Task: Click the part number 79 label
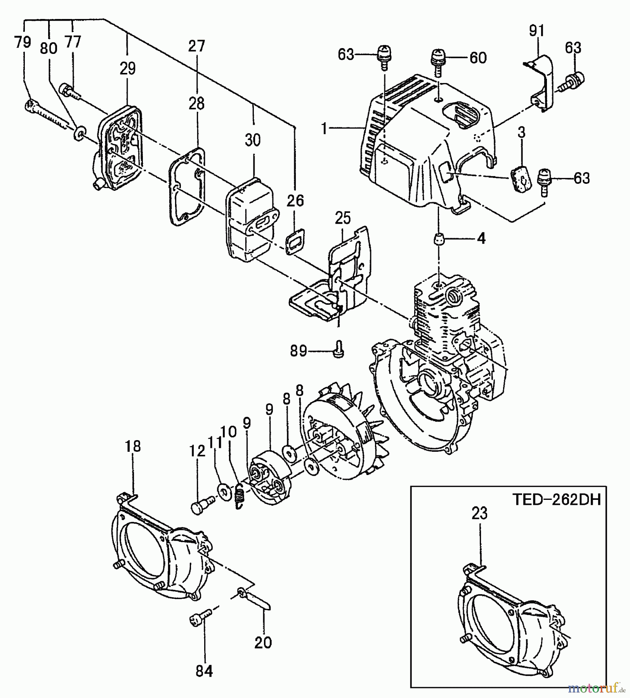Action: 23,42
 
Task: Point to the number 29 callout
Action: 127,69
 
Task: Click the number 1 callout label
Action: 325,128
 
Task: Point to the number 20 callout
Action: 263,643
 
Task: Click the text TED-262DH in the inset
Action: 556,500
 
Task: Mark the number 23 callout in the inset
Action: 479,514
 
